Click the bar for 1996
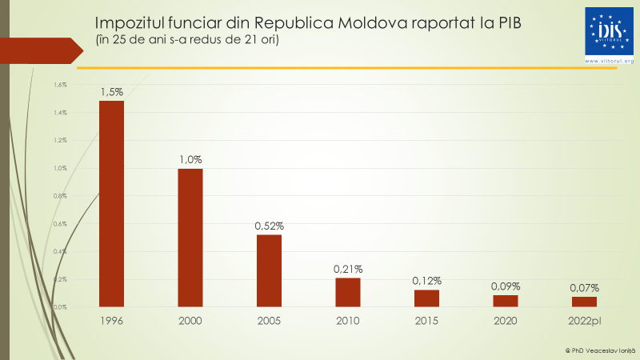tap(111, 203)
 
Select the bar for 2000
tap(190, 238)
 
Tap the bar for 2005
tap(269, 270)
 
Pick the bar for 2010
tap(348, 292)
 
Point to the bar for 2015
tap(426, 298)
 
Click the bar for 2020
tap(506, 301)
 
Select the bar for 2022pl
tap(584, 302)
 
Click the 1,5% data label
tap(111, 92)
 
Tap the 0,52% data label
tap(269, 226)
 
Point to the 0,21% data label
tap(348, 270)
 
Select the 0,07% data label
tap(584, 288)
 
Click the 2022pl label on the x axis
tap(584, 321)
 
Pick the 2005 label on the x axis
tap(269, 321)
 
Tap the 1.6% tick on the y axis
tap(60, 85)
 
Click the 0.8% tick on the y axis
tap(60, 196)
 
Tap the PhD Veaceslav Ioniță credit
tap(599, 350)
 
